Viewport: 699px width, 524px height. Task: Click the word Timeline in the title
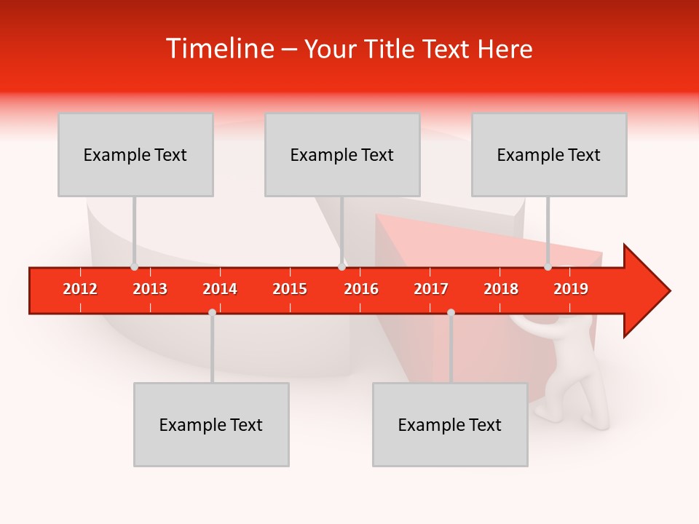(x=219, y=49)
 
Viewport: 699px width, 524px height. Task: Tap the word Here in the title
(x=505, y=49)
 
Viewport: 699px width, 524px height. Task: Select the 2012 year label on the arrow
(x=80, y=289)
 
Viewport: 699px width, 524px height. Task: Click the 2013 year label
(x=150, y=289)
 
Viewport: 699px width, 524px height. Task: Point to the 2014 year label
(x=220, y=289)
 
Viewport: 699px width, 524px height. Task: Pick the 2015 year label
(x=290, y=289)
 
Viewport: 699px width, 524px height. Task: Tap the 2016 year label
(x=361, y=289)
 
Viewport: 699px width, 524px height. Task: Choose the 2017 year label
(x=431, y=289)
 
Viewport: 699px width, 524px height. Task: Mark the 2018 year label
(x=501, y=289)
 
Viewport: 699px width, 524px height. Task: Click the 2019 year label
(x=571, y=289)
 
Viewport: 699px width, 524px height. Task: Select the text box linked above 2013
(x=135, y=154)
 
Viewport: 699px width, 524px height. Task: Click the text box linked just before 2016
(x=342, y=154)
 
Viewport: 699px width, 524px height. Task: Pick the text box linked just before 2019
(x=549, y=154)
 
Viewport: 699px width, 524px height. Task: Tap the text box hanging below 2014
(x=211, y=424)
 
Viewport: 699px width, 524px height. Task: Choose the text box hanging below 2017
(x=450, y=424)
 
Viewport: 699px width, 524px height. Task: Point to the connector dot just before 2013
(x=134, y=267)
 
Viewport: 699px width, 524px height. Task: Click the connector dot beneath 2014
(x=212, y=312)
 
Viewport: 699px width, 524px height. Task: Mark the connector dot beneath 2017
(x=451, y=312)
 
